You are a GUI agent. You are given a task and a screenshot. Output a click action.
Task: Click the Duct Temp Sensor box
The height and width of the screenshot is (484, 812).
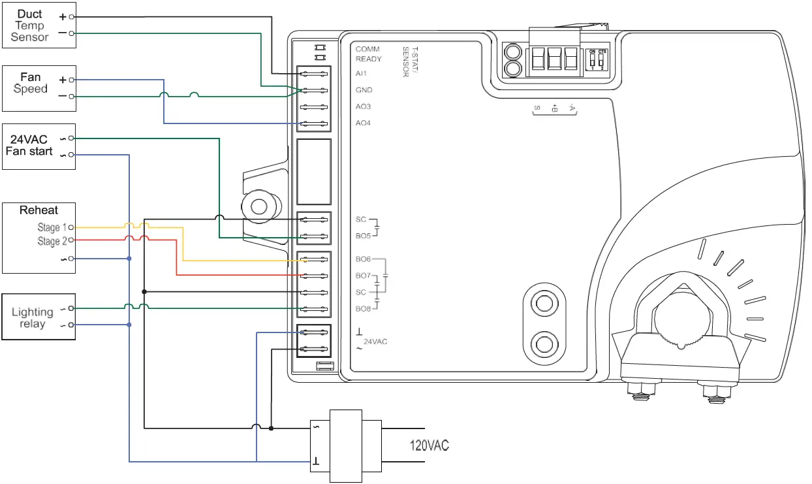coord(39,25)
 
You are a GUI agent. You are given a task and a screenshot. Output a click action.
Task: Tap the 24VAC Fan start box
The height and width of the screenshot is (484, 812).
coord(39,146)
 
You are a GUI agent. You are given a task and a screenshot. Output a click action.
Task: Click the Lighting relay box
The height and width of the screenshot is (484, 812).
coord(39,317)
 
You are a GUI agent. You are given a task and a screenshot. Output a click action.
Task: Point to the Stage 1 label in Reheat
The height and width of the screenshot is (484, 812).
coord(52,227)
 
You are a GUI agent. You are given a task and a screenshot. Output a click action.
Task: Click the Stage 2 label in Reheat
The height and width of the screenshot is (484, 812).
coord(52,241)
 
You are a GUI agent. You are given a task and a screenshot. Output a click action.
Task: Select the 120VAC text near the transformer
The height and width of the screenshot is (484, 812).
coord(429,446)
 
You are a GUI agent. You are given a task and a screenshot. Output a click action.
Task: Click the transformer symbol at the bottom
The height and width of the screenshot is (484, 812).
coord(346,446)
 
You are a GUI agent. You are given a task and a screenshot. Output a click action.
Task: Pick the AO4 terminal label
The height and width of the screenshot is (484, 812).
coord(364,123)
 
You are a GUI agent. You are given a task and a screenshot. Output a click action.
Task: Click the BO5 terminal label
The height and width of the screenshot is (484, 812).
coord(363,236)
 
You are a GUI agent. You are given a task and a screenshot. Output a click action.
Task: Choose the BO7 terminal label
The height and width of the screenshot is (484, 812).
coord(363,276)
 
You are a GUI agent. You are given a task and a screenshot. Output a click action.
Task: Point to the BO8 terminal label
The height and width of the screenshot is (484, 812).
coord(363,308)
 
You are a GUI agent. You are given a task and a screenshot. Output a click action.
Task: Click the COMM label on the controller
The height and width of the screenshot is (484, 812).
coord(367,49)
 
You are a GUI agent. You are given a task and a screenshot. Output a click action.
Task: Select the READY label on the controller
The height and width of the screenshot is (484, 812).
coord(369,59)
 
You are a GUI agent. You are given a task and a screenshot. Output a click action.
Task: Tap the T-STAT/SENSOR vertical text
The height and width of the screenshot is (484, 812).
coord(409,62)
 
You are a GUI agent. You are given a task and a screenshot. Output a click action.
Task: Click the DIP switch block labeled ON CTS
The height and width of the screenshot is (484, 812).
coord(598,59)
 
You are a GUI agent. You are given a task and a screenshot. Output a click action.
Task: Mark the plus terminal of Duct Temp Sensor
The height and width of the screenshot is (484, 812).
coord(63,16)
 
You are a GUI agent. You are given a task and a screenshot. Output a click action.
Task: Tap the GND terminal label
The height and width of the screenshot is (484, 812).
coord(364,89)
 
